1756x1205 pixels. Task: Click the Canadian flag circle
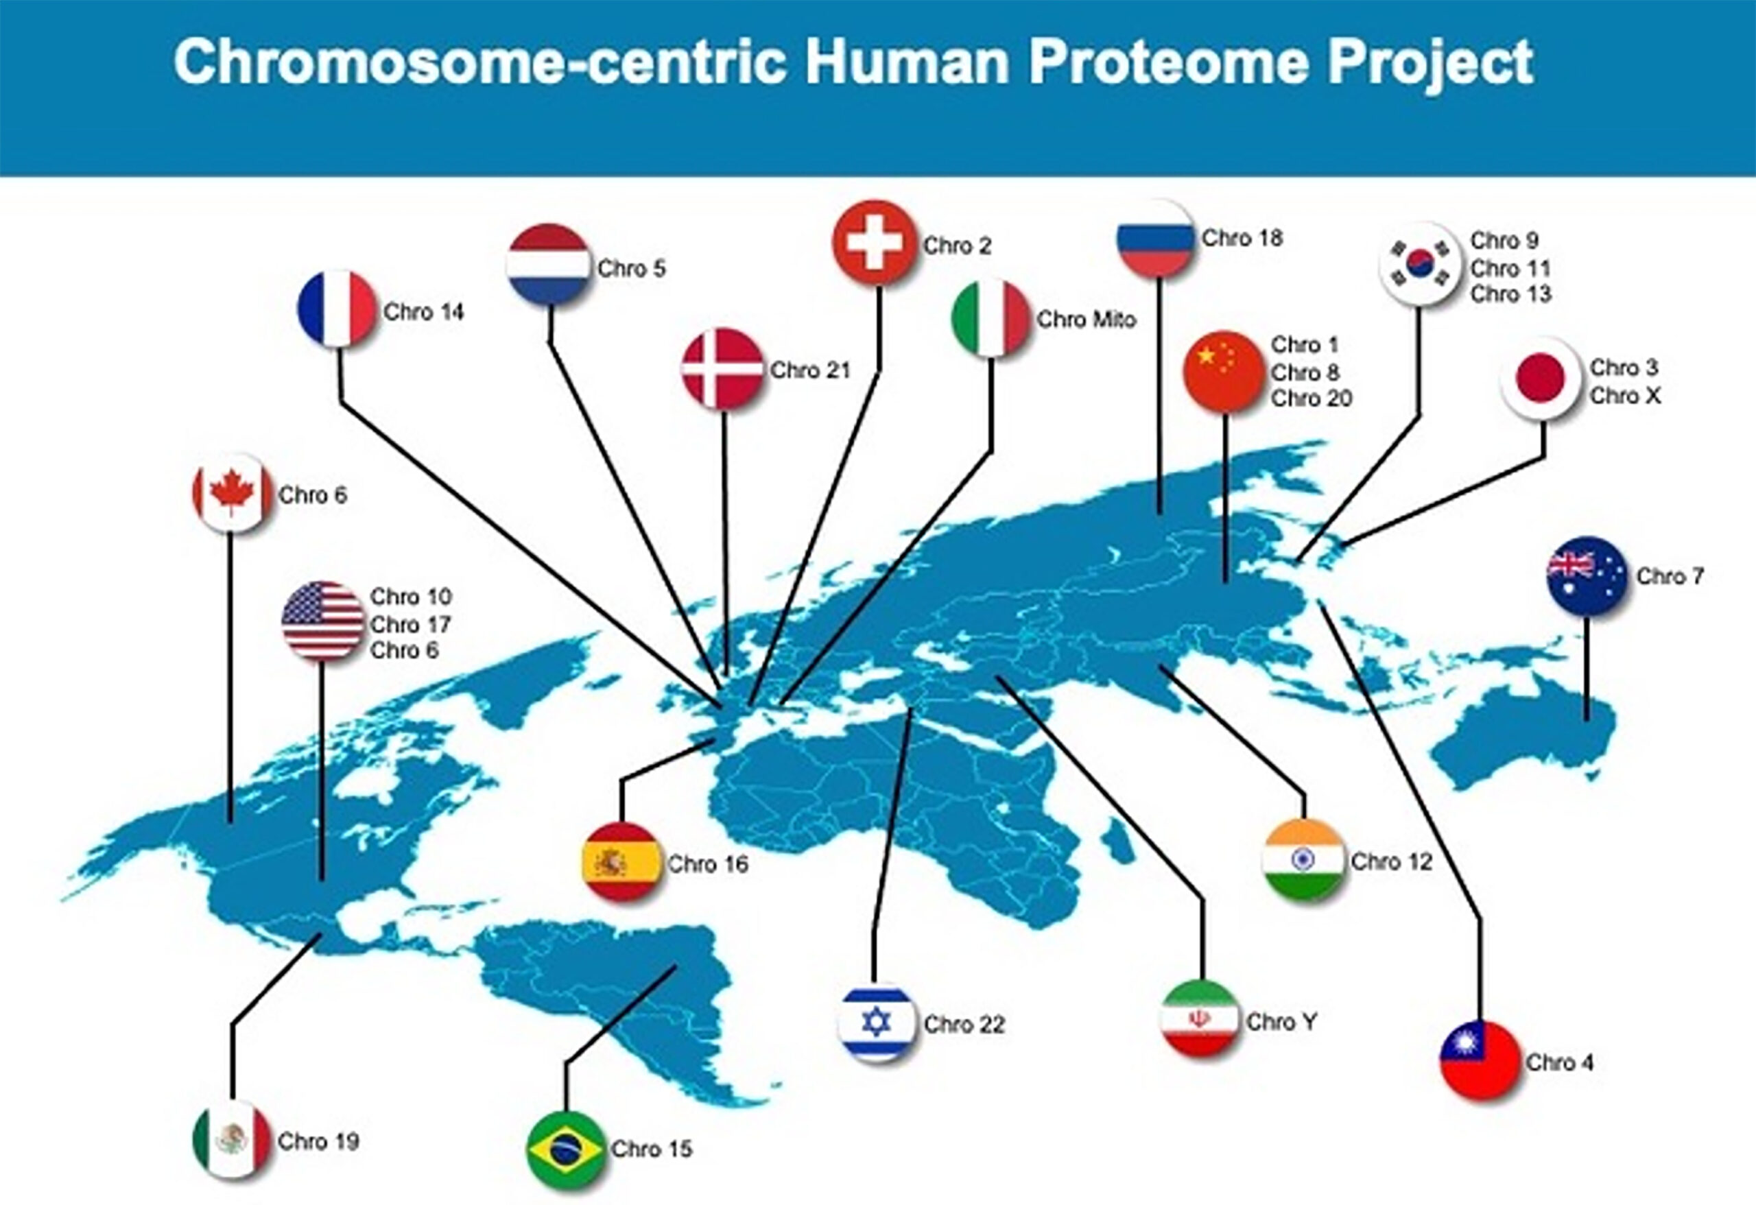point(232,493)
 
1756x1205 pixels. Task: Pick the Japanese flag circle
point(1541,379)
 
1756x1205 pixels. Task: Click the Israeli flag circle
point(877,1022)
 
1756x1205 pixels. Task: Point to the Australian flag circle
point(1587,575)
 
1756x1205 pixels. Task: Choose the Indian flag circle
point(1303,860)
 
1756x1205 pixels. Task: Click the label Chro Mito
point(1086,320)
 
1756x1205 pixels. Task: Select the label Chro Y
point(1281,1022)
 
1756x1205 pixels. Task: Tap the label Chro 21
point(810,370)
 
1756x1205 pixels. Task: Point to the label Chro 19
point(318,1141)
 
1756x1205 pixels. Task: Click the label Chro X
point(1624,395)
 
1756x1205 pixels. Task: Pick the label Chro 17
point(410,625)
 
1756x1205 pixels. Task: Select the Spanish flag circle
point(621,862)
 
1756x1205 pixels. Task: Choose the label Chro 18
point(1242,238)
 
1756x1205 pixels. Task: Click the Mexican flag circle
point(232,1141)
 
